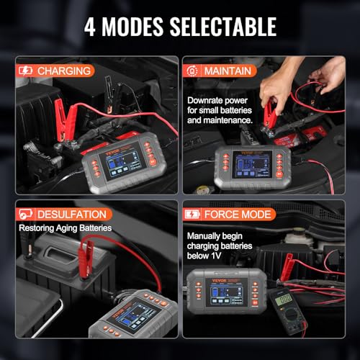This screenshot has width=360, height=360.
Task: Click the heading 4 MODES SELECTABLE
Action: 180,27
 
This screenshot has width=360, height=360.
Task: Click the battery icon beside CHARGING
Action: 25,71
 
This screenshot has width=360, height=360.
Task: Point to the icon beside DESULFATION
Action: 25,214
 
